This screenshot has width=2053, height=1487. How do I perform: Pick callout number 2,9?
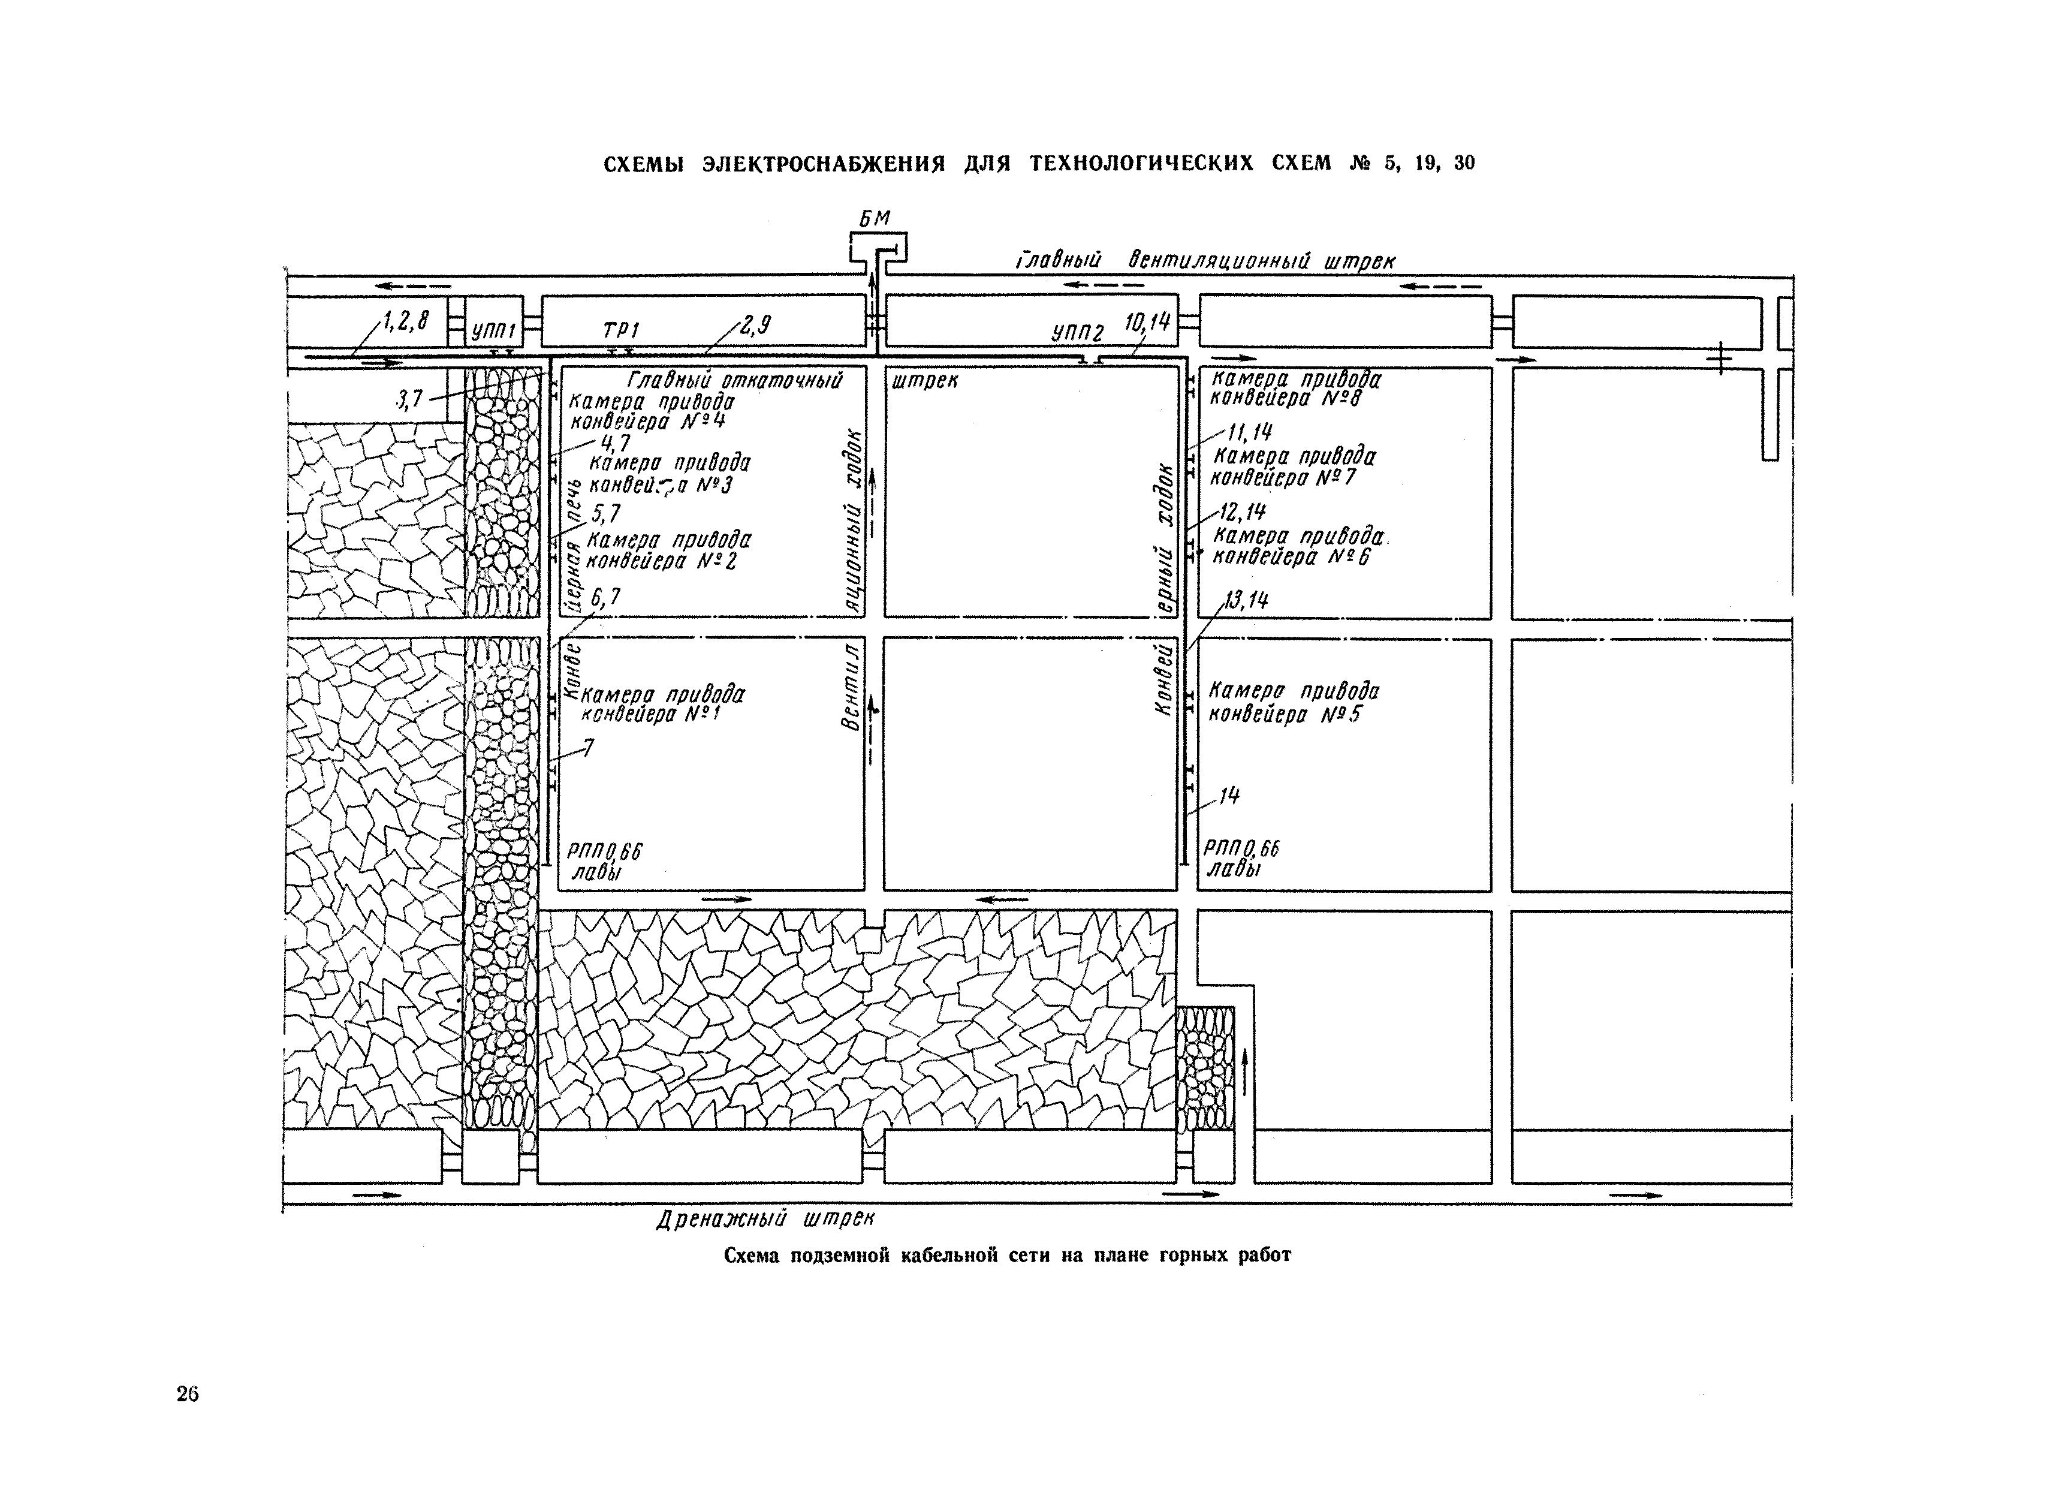point(755,325)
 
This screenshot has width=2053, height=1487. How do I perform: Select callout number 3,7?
point(410,399)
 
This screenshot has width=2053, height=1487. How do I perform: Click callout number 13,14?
point(1246,600)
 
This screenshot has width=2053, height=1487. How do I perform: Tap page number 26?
point(188,1393)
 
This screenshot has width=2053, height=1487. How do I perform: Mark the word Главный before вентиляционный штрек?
point(1058,261)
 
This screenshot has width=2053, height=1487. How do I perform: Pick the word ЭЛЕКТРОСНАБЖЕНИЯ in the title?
point(824,164)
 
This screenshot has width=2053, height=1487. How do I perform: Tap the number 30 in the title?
point(1464,163)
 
